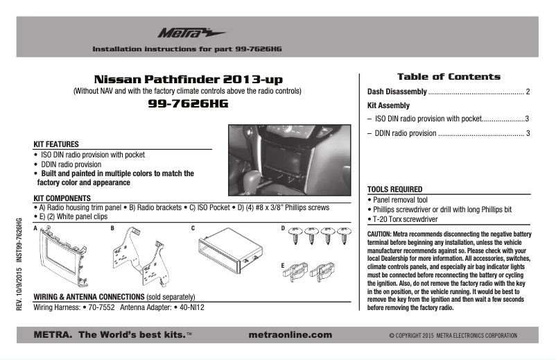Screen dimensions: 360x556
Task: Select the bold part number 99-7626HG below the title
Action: coord(188,104)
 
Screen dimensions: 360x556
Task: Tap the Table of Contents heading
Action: coord(448,76)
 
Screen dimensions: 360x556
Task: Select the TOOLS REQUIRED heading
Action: coord(394,189)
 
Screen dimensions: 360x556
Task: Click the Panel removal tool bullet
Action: coord(400,199)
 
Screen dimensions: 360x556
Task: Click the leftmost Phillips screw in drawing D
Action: coord(293,237)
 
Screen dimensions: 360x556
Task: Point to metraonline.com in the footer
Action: coord(290,334)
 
